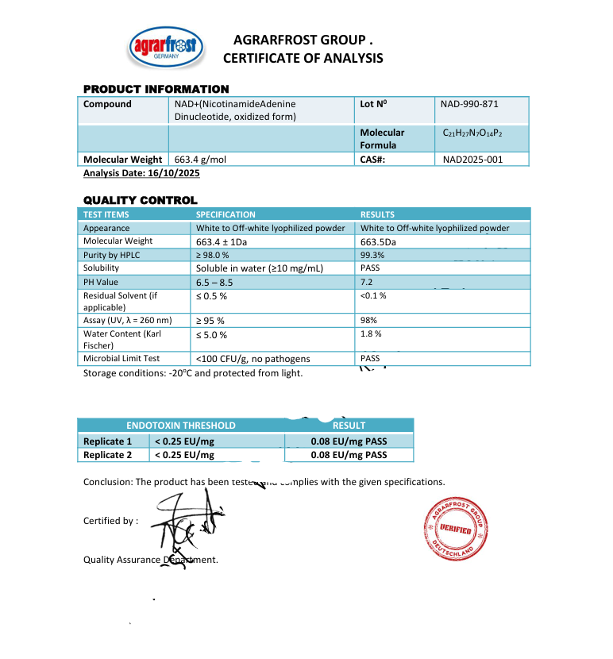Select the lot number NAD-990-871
[x=469, y=104]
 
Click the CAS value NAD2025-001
[x=472, y=160]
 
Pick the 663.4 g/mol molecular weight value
[x=200, y=160]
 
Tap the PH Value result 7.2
[x=367, y=282]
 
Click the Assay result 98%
[x=368, y=320]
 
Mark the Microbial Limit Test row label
[x=121, y=359]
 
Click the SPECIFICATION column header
[x=226, y=214]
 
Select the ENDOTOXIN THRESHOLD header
[x=181, y=426]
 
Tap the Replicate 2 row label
[x=108, y=455]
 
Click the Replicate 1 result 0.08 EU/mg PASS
[x=349, y=441]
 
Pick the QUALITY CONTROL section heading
[x=141, y=201]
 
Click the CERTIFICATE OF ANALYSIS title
[x=303, y=58]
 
